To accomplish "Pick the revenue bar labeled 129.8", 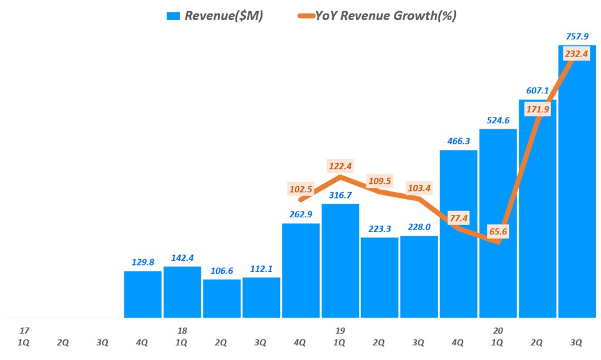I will pos(143,294).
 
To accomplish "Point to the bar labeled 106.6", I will pos(222,298).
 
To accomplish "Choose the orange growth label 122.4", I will pos(340,167).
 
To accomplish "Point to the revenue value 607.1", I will pos(537,90).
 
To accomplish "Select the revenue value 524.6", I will pos(498,120).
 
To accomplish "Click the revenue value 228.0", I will pos(419,227).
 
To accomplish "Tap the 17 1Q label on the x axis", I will pos(24,337).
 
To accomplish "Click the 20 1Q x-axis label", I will pos(498,337).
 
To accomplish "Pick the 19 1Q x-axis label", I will pos(340,337).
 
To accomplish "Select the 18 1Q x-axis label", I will pos(182,337).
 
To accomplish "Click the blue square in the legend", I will pos(173,16).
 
